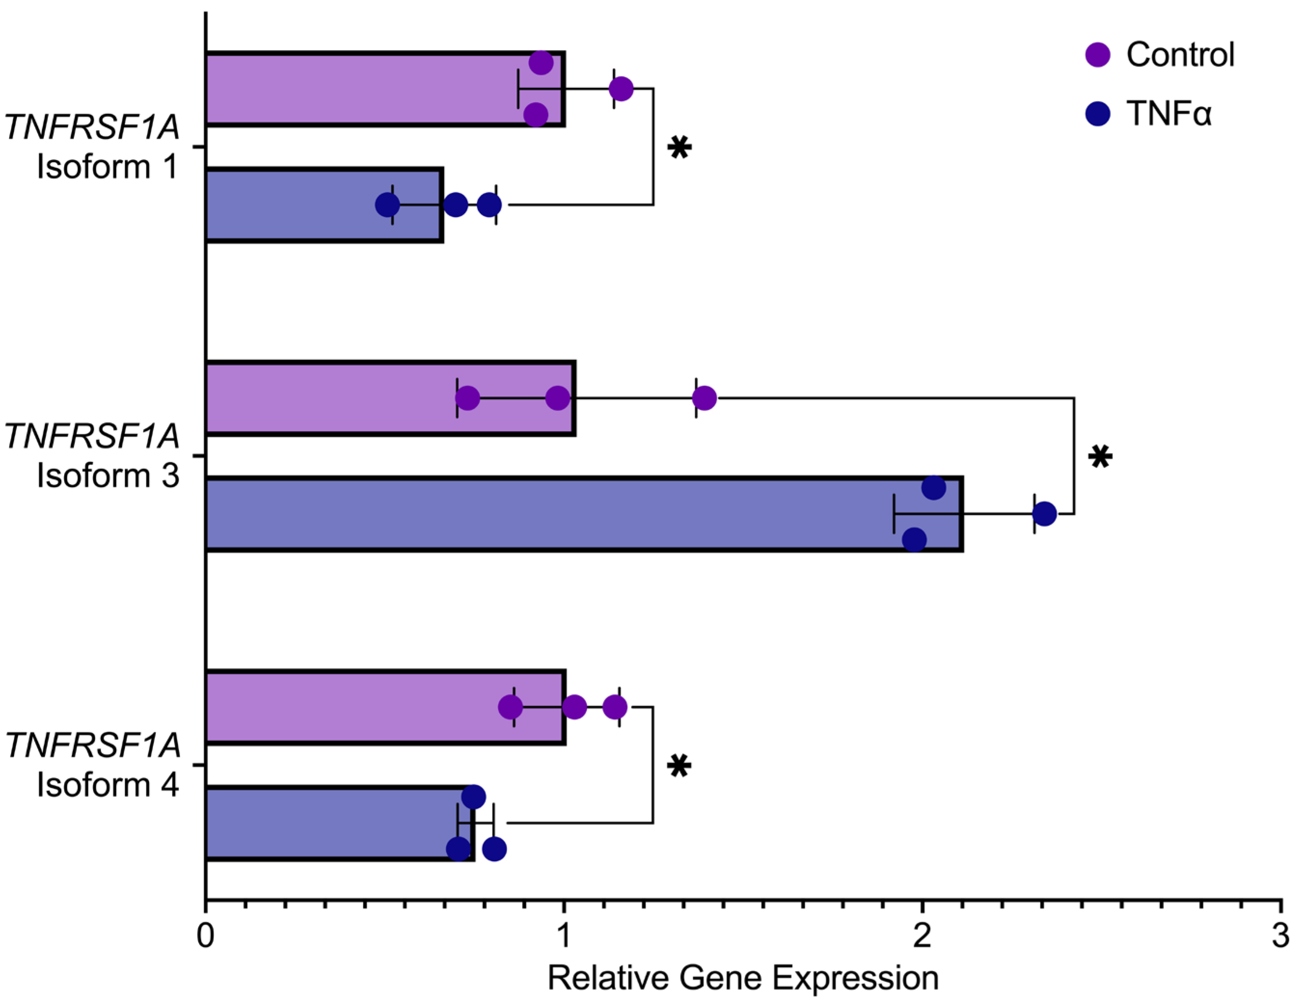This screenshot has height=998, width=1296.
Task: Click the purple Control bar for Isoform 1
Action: point(356,89)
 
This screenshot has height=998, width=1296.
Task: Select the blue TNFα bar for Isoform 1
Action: point(297,205)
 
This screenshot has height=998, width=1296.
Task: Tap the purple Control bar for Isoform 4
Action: point(356,707)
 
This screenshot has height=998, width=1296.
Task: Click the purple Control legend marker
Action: point(1097,54)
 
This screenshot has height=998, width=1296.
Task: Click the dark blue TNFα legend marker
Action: point(1097,113)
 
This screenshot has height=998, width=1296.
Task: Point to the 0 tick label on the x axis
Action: point(205,936)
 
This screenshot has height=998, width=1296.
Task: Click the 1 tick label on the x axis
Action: point(563,936)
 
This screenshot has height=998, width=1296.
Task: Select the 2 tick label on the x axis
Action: point(921,936)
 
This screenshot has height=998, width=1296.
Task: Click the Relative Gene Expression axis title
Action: point(743,978)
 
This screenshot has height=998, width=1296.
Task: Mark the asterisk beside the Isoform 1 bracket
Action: point(679,147)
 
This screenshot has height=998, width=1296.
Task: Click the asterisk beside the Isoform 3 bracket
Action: point(1100,457)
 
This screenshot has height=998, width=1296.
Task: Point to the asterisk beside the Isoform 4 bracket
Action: point(679,766)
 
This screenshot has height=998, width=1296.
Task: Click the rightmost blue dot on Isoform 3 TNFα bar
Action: point(1044,514)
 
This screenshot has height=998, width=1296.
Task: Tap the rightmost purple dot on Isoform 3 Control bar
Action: point(704,398)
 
